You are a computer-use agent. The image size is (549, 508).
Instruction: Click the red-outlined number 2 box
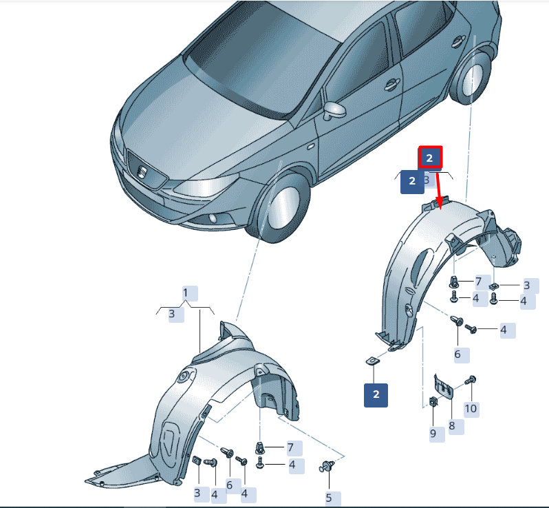(x=431, y=158)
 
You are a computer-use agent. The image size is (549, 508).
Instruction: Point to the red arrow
(x=439, y=189)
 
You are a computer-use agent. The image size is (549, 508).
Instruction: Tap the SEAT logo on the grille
(x=142, y=172)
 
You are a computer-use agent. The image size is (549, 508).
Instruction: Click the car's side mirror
(x=334, y=110)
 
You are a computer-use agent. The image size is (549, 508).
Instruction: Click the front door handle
(x=391, y=85)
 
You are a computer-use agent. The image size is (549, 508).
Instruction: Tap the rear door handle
(x=459, y=41)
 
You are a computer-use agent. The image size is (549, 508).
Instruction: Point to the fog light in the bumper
(x=213, y=219)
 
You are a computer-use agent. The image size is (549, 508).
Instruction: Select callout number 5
(x=329, y=498)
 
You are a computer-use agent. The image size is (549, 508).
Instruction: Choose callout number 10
(x=471, y=408)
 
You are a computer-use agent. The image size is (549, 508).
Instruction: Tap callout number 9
(x=433, y=434)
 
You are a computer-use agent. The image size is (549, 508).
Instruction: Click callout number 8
(x=452, y=425)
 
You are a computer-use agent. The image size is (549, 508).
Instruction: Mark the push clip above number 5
(x=327, y=466)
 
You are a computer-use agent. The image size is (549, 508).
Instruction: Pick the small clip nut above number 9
(x=433, y=401)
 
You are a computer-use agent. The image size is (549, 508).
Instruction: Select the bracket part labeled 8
(x=444, y=386)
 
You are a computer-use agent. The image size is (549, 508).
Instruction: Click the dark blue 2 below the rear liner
(x=376, y=395)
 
